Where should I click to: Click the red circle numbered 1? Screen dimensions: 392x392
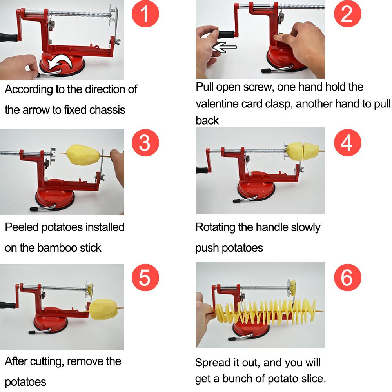[x=145, y=14]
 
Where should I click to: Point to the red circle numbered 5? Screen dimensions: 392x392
[x=145, y=278]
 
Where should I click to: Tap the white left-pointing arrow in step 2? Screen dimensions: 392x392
[x=224, y=47]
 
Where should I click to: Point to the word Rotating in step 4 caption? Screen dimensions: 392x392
[x=215, y=227]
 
